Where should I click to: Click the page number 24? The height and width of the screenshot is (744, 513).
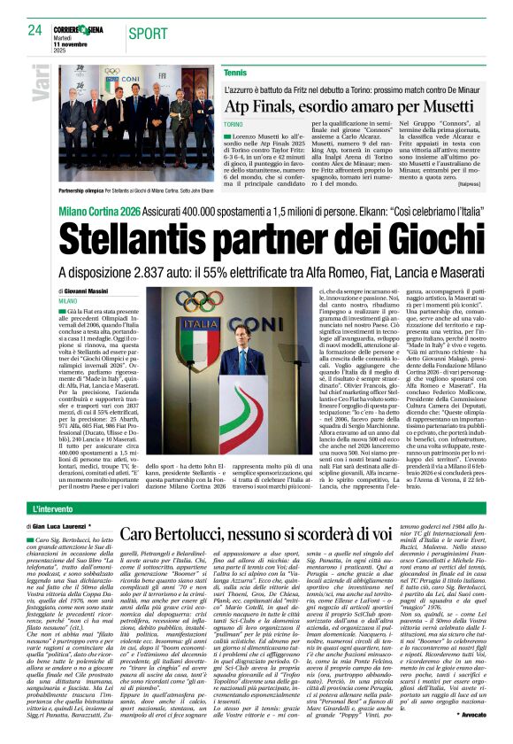[x=35, y=32]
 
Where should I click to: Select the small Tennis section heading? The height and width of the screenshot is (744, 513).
[x=235, y=72]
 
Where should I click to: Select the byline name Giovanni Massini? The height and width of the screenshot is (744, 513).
[x=88, y=291]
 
